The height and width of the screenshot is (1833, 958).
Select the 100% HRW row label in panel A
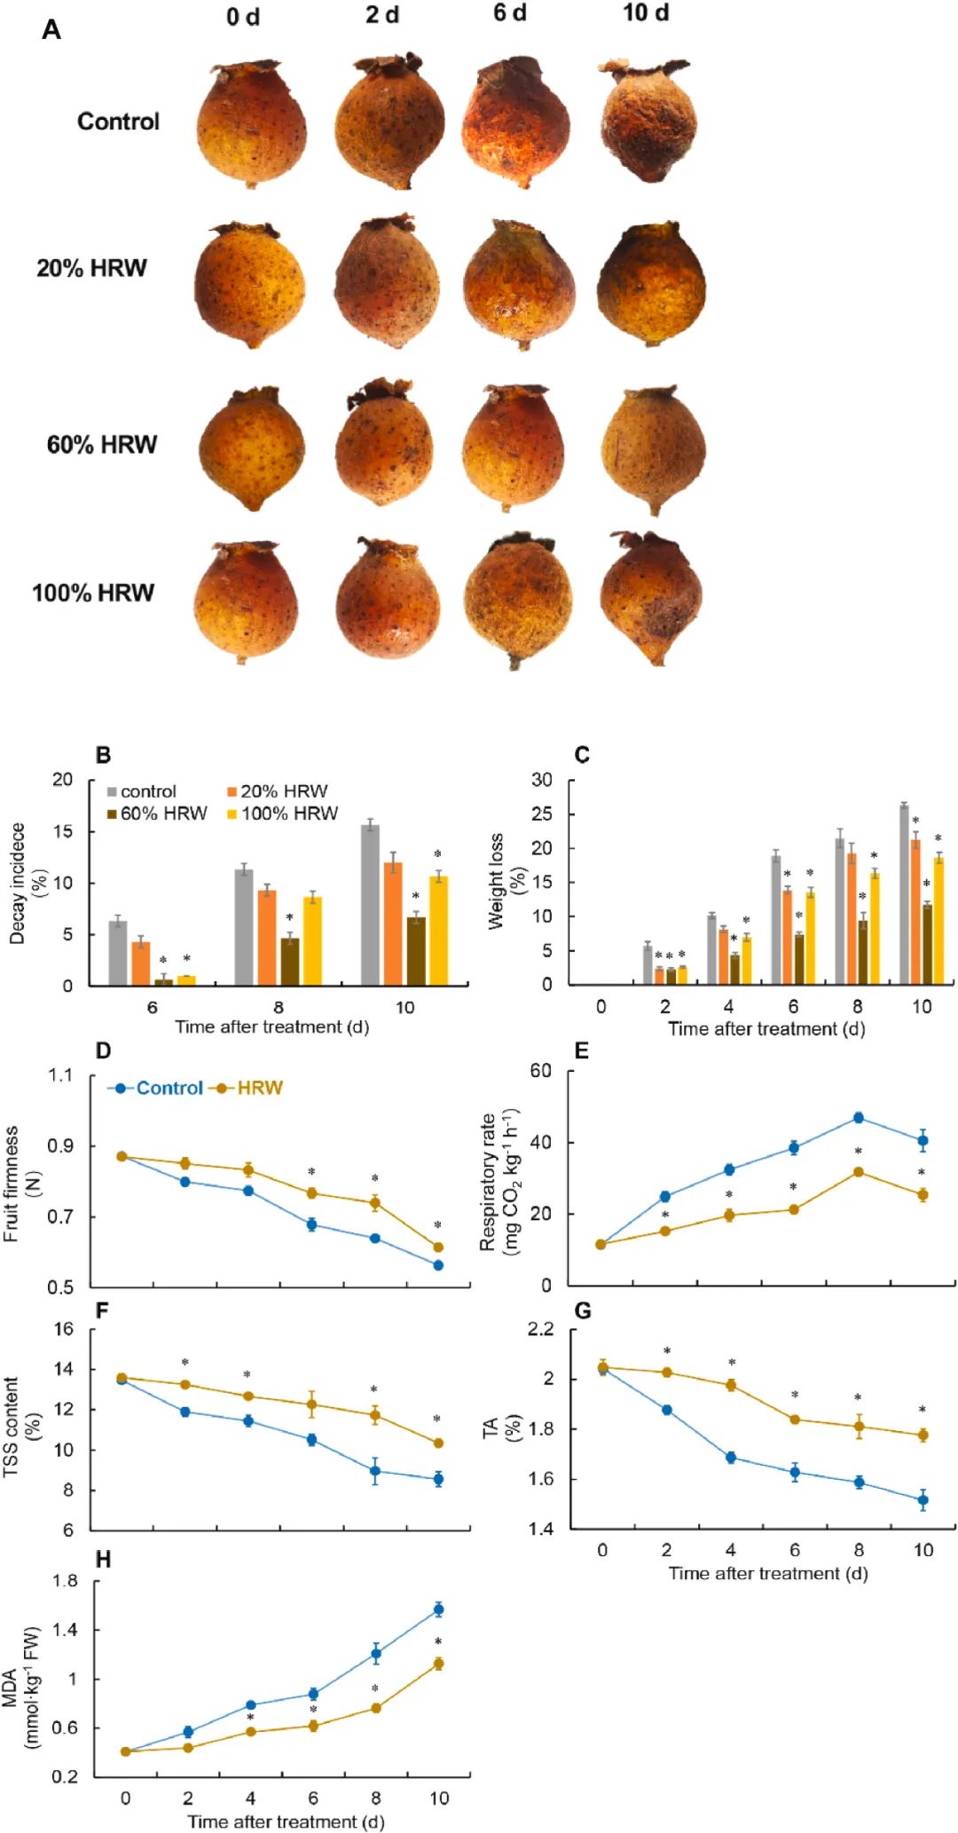pyautogui.click(x=93, y=593)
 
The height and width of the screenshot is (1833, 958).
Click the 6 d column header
pyautogui.click(x=510, y=14)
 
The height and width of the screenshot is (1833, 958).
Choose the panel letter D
pyautogui.click(x=103, y=1051)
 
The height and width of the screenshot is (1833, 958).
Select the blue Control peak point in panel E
pyautogui.click(x=858, y=1118)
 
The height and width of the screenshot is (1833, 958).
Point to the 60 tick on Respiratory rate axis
pyautogui.click(x=541, y=1071)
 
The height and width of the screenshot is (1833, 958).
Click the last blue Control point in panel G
pyautogui.click(x=923, y=1500)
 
